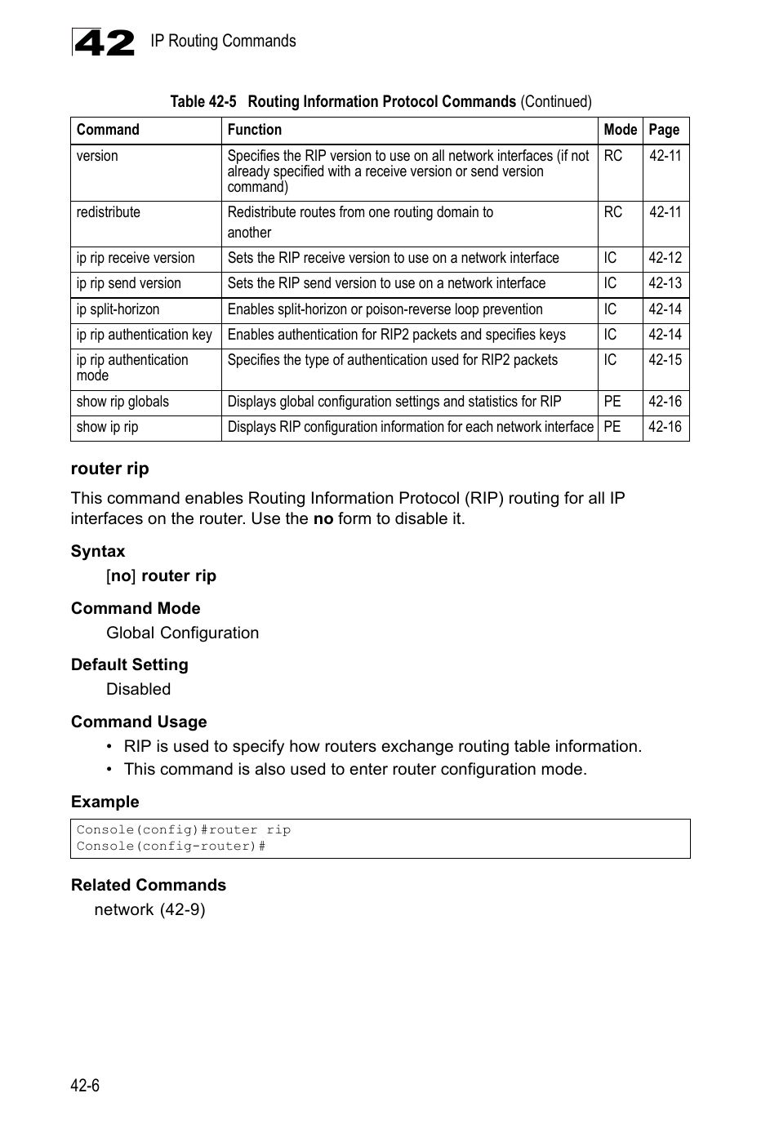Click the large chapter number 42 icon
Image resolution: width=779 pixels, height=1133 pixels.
coord(104,42)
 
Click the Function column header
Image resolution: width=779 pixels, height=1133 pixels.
coord(254,130)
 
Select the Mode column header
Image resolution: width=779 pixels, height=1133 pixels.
coord(620,130)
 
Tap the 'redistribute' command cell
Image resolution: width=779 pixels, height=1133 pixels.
coord(109,212)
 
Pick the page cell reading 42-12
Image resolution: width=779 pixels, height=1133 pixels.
coord(665,258)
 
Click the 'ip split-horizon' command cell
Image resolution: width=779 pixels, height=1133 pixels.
coord(118,309)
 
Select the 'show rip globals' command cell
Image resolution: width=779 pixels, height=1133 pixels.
coord(122,402)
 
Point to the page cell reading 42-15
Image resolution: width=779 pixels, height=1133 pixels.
coord(665,360)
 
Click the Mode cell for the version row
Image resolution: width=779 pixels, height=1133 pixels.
coord(613,156)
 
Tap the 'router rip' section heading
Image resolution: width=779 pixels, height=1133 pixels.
coord(109,469)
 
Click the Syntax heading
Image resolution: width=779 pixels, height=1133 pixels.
coord(98,551)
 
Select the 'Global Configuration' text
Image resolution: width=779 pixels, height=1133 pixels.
coord(182,633)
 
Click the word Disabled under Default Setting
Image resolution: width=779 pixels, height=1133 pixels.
coord(138,689)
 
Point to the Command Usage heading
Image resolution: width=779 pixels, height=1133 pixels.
coord(139,722)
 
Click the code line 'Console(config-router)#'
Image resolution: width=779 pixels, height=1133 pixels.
coord(171,846)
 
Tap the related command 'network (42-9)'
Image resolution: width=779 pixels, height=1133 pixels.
coord(149,909)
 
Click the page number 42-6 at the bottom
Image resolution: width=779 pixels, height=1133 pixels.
coord(85,1085)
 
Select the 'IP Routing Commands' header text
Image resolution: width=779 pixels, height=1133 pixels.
coord(223,41)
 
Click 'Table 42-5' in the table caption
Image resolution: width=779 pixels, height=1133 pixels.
coord(203,101)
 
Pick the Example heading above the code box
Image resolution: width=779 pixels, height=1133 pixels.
coord(105,802)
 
